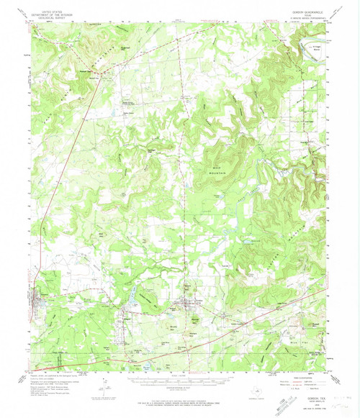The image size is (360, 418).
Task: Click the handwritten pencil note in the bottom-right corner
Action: pyautogui.click(x=341, y=387)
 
